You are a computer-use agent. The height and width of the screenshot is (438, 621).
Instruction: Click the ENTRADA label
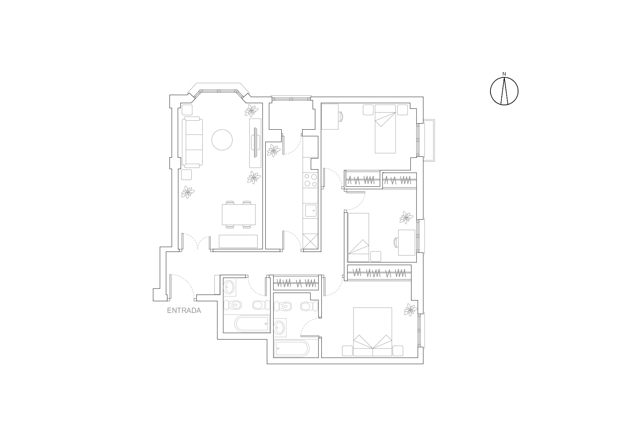(184, 310)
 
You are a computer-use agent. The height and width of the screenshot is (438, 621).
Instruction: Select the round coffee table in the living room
(222, 140)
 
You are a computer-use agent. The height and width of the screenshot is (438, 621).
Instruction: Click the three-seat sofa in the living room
(192, 143)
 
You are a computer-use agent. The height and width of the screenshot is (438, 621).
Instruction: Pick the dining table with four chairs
(239, 214)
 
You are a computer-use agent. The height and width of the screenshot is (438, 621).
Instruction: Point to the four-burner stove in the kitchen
(310, 180)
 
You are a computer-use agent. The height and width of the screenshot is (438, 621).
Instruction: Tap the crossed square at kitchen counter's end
(311, 242)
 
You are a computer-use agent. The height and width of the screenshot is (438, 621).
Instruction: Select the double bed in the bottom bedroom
(373, 332)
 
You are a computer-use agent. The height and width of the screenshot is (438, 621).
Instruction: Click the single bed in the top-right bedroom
(385, 129)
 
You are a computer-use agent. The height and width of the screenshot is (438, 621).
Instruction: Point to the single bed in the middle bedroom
(358, 237)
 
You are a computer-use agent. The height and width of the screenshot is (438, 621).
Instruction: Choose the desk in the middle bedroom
(407, 242)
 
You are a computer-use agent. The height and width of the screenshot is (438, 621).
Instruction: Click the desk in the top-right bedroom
(330, 116)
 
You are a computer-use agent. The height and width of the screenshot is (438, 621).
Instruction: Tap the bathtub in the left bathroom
(252, 324)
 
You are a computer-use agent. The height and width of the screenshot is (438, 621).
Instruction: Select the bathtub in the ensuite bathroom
(292, 349)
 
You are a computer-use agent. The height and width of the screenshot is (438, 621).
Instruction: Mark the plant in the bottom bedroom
(410, 310)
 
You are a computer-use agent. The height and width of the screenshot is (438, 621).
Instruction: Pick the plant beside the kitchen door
(273, 151)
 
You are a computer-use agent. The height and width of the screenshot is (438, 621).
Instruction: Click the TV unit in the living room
(255, 143)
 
